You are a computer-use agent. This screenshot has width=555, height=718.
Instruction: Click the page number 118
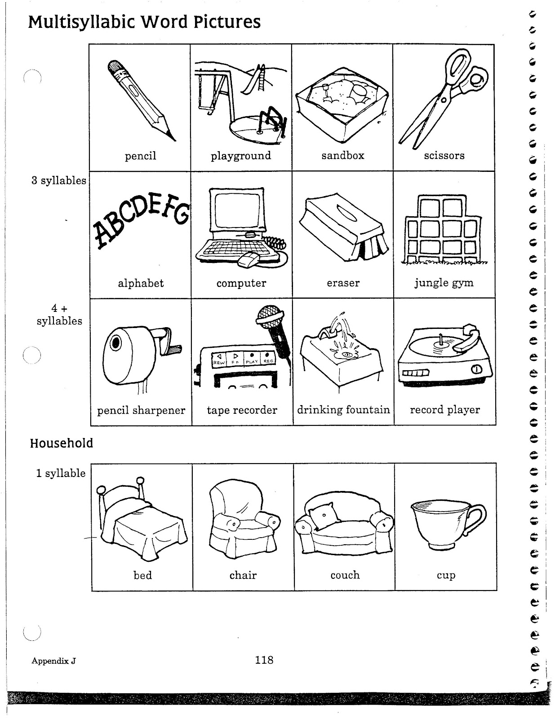264,660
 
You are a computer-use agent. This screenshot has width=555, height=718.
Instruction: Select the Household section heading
62,443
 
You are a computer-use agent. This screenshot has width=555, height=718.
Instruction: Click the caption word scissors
444,156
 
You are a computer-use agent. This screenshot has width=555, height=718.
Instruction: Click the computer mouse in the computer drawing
249,259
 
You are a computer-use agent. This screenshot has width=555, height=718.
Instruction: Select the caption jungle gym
444,283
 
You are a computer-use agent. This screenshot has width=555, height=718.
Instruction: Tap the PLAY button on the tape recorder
252,361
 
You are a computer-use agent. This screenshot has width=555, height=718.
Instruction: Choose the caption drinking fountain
343,410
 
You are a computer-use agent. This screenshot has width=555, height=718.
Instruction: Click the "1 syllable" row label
61,473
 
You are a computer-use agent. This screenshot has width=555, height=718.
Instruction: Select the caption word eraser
343,283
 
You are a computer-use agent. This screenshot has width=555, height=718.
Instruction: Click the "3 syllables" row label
59,181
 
